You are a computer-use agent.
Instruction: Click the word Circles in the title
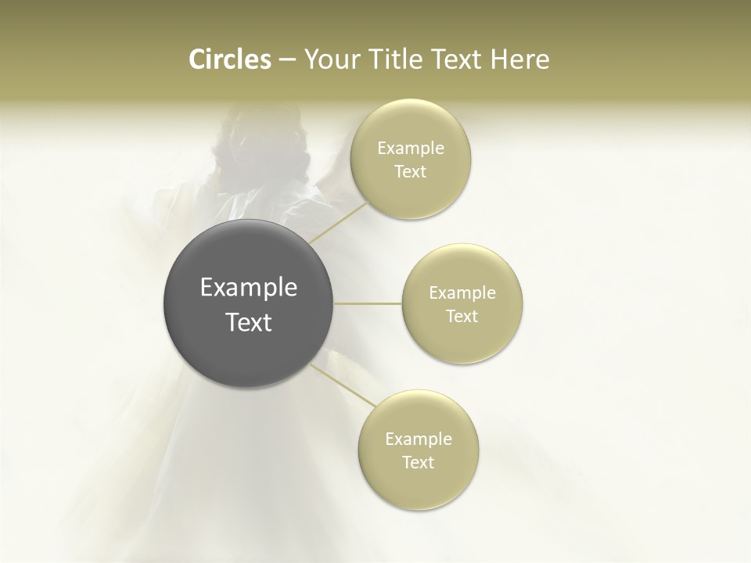(229, 59)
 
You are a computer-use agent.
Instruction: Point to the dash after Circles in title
(286, 60)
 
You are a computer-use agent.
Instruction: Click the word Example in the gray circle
(248, 288)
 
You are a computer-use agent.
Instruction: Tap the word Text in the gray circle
(248, 322)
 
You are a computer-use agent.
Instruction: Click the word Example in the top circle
(411, 149)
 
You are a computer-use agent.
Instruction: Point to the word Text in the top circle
(411, 172)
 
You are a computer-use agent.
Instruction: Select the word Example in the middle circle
(462, 293)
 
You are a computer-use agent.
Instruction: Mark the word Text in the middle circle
(462, 317)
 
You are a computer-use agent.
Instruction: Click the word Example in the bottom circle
(418, 439)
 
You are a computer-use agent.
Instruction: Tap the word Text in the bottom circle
(418, 463)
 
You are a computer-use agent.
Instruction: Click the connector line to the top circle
(338, 223)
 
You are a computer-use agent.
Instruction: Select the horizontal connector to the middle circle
(368, 303)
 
